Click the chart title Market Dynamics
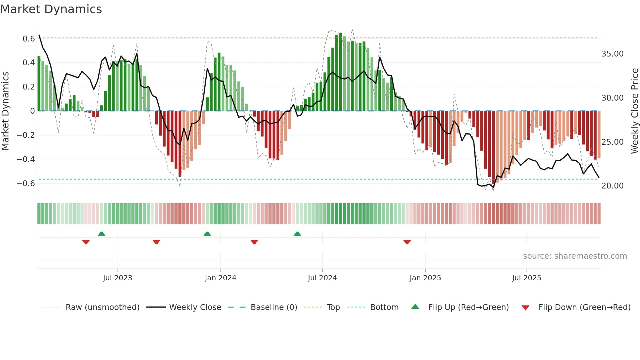(51, 9)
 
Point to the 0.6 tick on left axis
(29, 39)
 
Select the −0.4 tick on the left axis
(26, 159)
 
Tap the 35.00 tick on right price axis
(612, 54)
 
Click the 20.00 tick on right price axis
(612, 186)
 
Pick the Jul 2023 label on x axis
(118, 278)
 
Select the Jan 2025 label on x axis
(425, 278)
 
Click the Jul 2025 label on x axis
(526, 278)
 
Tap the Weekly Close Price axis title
(634, 111)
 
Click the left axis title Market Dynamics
(5, 111)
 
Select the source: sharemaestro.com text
(575, 256)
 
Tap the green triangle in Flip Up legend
(415, 307)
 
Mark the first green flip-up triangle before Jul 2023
(102, 234)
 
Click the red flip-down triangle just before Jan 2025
(407, 242)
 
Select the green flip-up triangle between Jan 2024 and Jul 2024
(297, 234)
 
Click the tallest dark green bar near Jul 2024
(341, 72)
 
